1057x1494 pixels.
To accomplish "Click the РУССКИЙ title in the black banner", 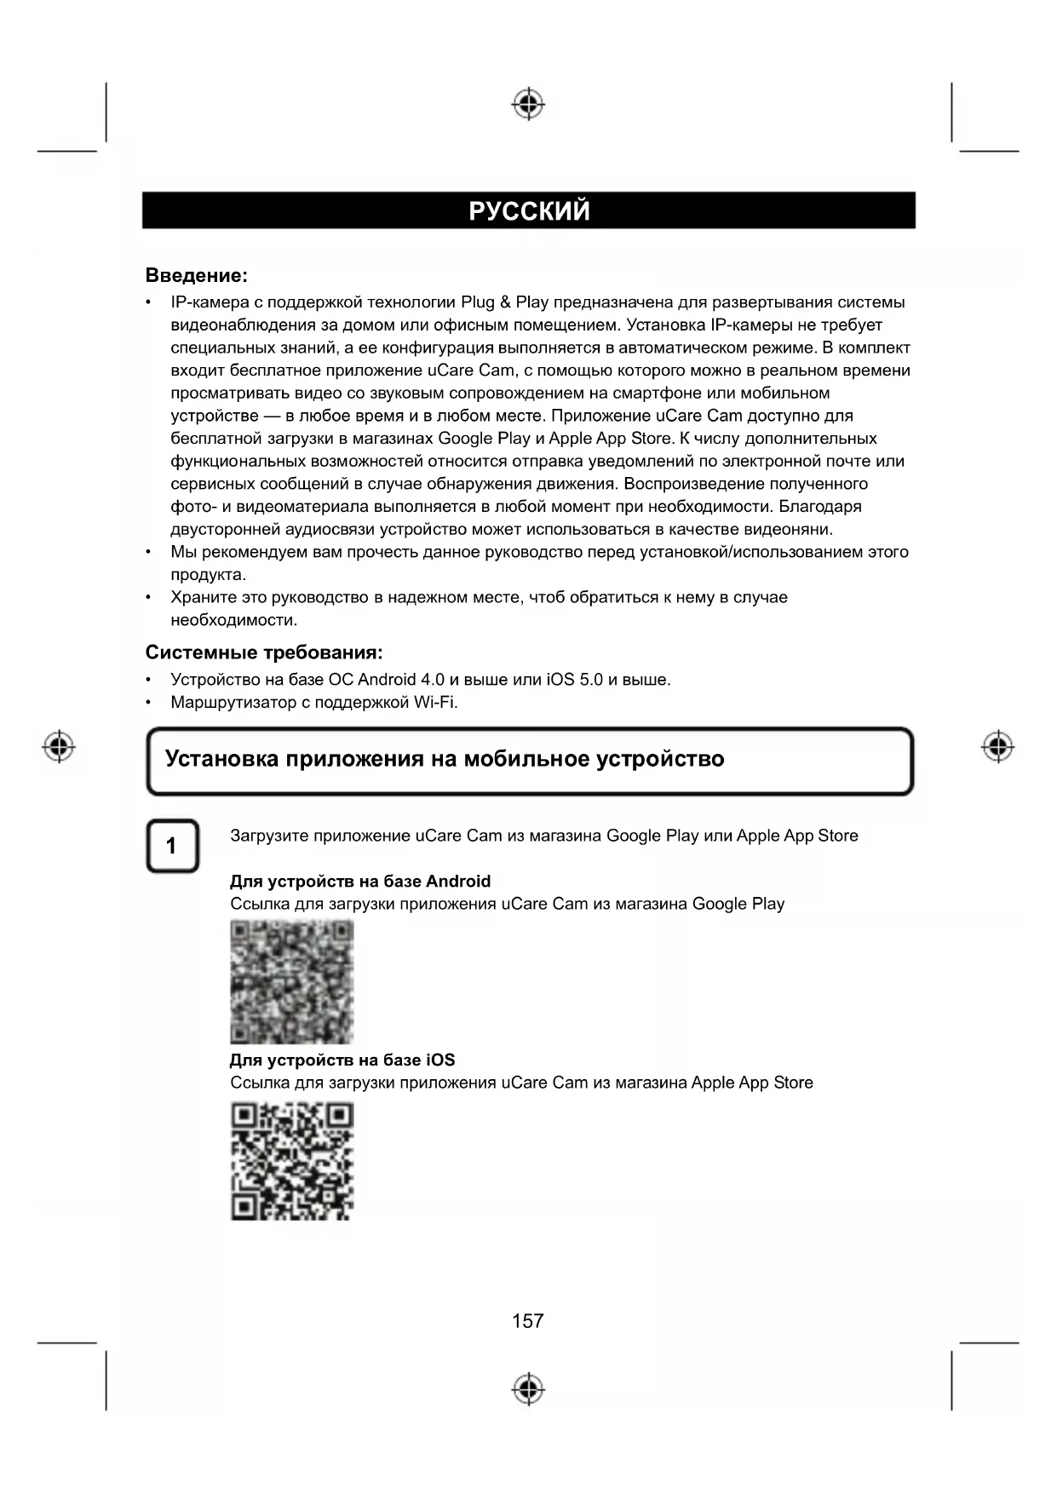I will point(529,210).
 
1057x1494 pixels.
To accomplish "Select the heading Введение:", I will point(196,275).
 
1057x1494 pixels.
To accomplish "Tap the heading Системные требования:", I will point(264,652).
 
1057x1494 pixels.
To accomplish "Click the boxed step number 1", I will point(172,846).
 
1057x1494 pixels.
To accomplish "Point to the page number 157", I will point(528,1320).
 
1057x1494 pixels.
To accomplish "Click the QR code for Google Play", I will point(291,982).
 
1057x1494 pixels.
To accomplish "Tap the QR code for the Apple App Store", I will point(291,1162).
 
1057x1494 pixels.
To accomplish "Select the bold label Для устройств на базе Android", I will point(360,881).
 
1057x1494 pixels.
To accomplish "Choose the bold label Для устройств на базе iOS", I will point(342,1060).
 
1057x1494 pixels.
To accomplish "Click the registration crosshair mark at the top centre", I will point(528,104).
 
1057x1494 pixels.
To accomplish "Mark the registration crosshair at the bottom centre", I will point(528,1388).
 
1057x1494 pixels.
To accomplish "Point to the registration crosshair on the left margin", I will point(59,747).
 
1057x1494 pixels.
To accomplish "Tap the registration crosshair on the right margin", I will point(997,747).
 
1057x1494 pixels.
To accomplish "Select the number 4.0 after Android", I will point(433,680).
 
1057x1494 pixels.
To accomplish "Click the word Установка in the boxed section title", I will point(221,759).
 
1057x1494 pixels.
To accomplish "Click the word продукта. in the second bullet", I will point(208,575).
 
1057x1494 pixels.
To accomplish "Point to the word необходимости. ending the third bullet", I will point(233,620).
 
